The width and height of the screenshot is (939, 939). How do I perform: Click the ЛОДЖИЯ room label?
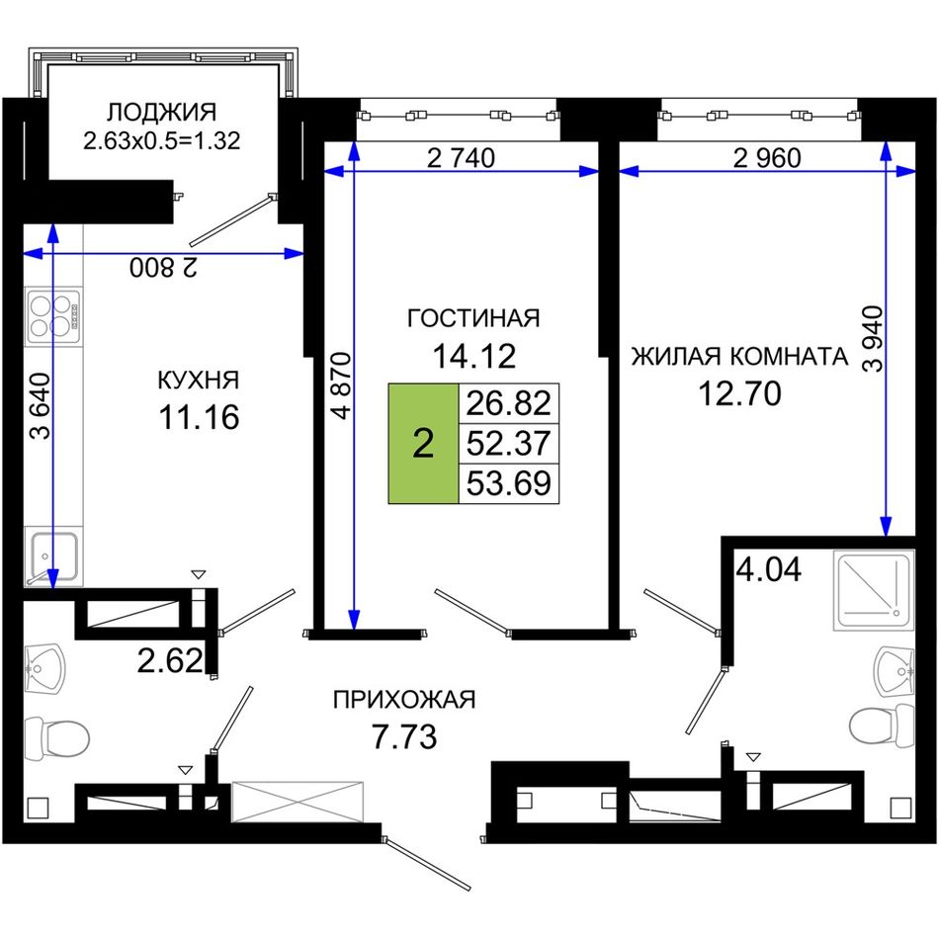click(x=162, y=112)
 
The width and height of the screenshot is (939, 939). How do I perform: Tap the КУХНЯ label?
click(x=199, y=380)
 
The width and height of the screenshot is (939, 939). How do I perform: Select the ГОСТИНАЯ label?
click(x=473, y=318)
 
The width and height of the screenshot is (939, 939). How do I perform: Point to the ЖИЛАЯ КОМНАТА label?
click(x=739, y=356)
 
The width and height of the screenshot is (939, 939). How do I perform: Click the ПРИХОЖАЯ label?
click(x=404, y=699)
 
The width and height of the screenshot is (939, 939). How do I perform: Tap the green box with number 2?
click(x=423, y=443)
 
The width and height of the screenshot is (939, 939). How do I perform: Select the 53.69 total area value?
click(x=508, y=483)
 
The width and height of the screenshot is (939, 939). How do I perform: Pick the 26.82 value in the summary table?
click(x=508, y=403)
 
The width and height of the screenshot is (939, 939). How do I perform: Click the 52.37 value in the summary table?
click(x=508, y=443)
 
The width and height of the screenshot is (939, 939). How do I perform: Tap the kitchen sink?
click(x=51, y=556)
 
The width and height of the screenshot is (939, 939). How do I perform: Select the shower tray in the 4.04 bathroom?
click(x=874, y=590)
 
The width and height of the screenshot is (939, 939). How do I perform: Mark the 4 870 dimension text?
click(x=341, y=385)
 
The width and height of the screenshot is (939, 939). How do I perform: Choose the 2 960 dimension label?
click(x=767, y=158)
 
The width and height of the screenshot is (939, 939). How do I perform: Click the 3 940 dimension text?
click(x=873, y=339)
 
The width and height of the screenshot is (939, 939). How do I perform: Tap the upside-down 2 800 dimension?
click(x=163, y=268)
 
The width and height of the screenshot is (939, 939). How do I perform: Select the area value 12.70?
click(x=739, y=394)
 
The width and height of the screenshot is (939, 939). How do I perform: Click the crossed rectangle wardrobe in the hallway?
click(x=298, y=802)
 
